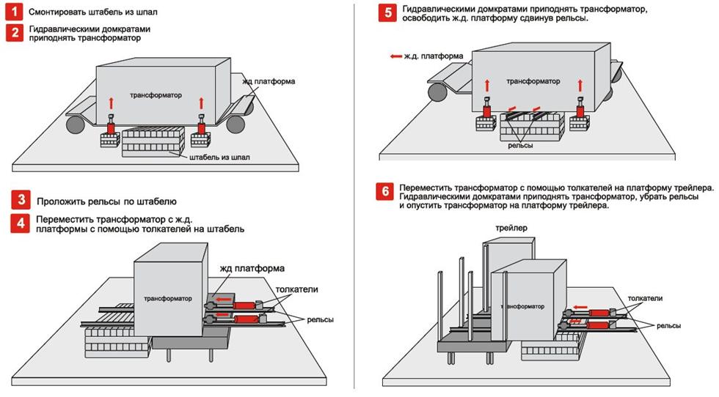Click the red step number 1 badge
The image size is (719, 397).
(x=14, y=12)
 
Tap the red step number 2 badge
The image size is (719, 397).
(x=14, y=33)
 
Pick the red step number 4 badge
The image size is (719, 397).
(x=23, y=223)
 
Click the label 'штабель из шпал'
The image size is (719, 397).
(x=219, y=157)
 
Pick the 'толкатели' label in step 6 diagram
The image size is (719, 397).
(x=646, y=299)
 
